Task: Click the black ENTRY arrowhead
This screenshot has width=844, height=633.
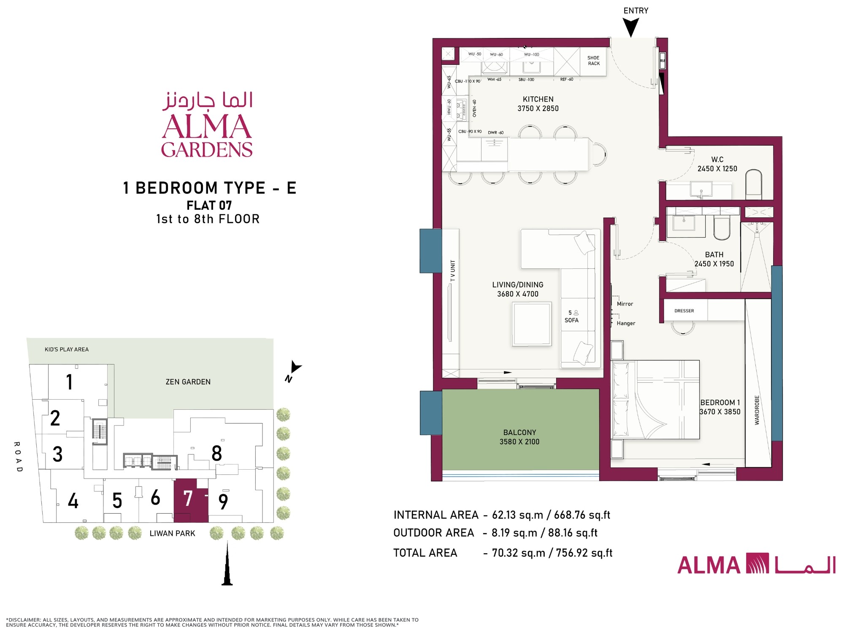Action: click(x=631, y=28)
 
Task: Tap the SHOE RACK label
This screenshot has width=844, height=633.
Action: click(x=593, y=61)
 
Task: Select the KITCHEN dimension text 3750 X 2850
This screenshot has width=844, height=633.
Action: click(x=538, y=108)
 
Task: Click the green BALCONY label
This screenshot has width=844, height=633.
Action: click(x=519, y=433)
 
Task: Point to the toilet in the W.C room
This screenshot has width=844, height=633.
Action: click(x=754, y=184)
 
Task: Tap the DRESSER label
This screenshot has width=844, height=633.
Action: click(x=684, y=311)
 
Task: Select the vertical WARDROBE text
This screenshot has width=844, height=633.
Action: click(x=757, y=410)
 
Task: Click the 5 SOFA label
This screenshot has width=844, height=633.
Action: click(x=572, y=316)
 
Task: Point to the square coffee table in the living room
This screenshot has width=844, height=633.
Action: click(x=532, y=324)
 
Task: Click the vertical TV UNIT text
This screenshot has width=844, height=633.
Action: click(x=453, y=271)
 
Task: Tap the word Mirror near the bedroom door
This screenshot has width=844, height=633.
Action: click(x=625, y=304)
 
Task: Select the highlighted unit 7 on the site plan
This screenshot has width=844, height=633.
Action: click(x=191, y=500)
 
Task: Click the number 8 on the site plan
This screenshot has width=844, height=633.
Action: click(x=217, y=454)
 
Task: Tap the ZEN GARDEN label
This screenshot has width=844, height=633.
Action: click(x=188, y=382)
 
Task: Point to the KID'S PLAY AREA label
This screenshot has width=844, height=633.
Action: click(x=67, y=349)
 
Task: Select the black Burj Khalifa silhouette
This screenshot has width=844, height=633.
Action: click(x=227, y=563)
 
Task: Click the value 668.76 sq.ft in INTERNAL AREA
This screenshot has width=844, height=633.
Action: click(x=582, y=515)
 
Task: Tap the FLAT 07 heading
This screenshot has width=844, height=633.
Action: click(x=209, y=206)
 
